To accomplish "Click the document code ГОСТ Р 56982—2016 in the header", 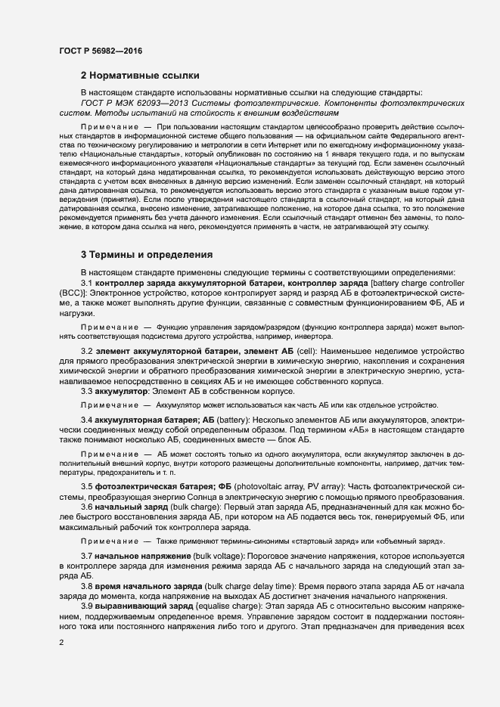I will [100, 51].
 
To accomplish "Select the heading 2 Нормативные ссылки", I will [140, 76].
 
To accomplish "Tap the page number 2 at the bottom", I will [61, 643].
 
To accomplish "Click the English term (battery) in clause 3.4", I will [234, 419].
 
